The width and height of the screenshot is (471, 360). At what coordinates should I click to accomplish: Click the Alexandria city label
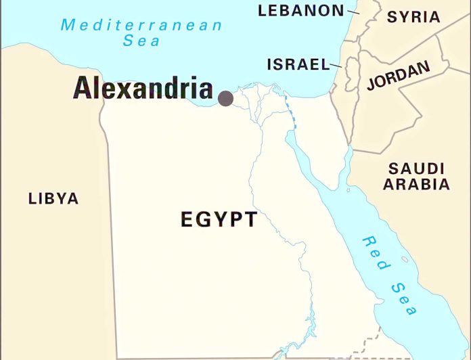pyautogui.click(x=143, y=89)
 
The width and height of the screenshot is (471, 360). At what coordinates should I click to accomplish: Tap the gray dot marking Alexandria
pyautogui.click(x=225, y=99)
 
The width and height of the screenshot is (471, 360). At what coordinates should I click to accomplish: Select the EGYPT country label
pyautogui.click(x=219, y=219)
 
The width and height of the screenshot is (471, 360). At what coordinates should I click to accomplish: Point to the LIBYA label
pyautogui.click(x=53, y=199)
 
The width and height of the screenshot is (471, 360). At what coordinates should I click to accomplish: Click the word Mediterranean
pyautogui.click(x=141, y=26)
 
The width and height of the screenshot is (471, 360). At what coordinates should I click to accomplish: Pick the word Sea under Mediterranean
pyautogui.click(x=141, y=41)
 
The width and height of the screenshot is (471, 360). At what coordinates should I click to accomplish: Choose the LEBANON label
pyautogui.click(x=301, y=10)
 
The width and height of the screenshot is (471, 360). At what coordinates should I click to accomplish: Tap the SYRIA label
pyautogui.click(x=413, y=17)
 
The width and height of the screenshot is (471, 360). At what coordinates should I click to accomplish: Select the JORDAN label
pyautogui.click(x=398, y=76)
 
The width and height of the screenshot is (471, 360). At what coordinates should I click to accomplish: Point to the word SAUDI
pyautogui.click(x=416, y=168)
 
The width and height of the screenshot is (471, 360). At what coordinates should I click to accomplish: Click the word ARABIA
pyautogui.click(x=416, y=184)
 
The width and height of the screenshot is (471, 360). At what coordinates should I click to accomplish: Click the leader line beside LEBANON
pyautogui.click(x=353, y=11)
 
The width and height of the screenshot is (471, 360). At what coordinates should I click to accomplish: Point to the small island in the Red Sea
pyautogui.click(x=405, y=259)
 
